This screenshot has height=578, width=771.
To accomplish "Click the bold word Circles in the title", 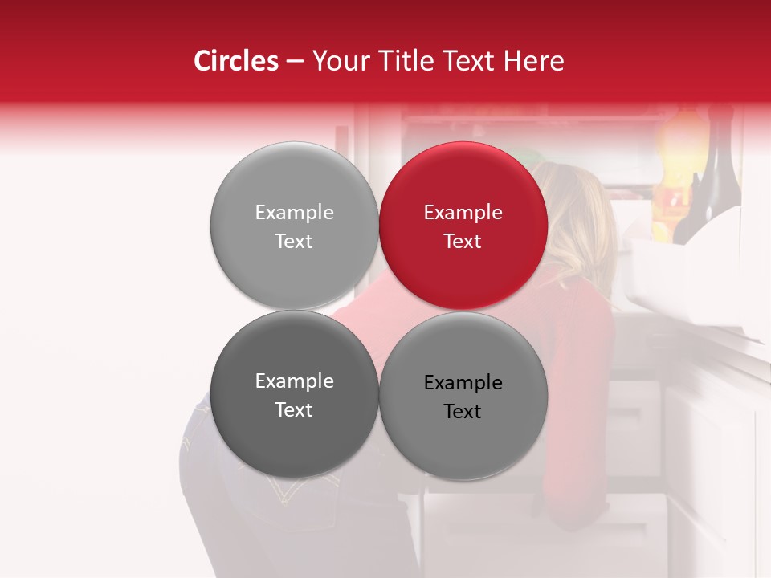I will click(x=236, y=61).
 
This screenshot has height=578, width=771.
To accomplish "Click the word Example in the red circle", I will click(x=463, y=213).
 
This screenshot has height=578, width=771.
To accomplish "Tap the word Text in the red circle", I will click(x=463, y=242).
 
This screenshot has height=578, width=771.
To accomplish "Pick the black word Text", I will click(x=463, y=412).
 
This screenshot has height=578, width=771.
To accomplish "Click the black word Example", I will click(x=463, y=383).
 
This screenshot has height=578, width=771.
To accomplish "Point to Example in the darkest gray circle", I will click(x=294, y=381).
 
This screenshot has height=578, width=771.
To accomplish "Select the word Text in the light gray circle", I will click(x=294, y=242).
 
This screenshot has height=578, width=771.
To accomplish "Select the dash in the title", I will click(x=295, y=62).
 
